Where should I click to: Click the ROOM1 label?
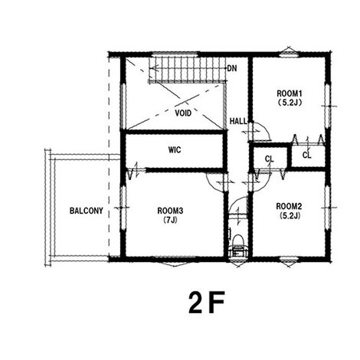coord(290,93)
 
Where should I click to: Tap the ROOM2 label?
coord(290,206)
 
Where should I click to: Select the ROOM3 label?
coord(170,211)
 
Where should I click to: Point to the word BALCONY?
coord(87,211)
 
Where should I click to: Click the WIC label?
coord(175,150)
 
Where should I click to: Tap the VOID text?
coord(183,113)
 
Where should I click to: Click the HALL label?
coord(238,121)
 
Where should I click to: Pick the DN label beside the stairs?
coord(232,68)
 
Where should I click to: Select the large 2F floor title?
coord(207,303)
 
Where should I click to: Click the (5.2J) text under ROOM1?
coord(290,103)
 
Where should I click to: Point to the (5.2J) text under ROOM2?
coord(290,216)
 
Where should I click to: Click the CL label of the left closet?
coord(270,159)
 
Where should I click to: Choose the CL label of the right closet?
coord(306,155)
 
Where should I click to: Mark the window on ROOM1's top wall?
coord(288,54)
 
